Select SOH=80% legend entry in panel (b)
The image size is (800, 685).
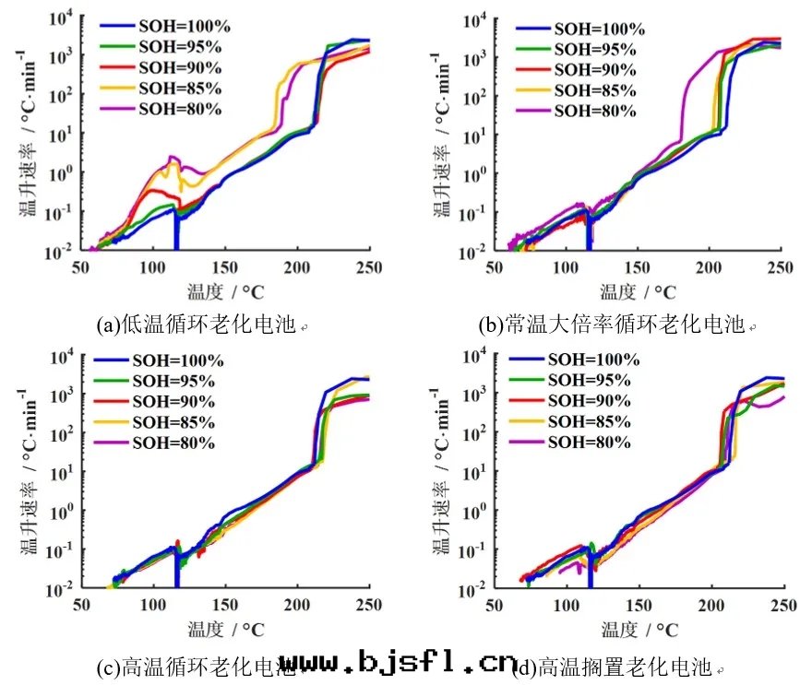(x=593, y=111)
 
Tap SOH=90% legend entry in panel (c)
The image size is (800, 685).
(x=173, y=402)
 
